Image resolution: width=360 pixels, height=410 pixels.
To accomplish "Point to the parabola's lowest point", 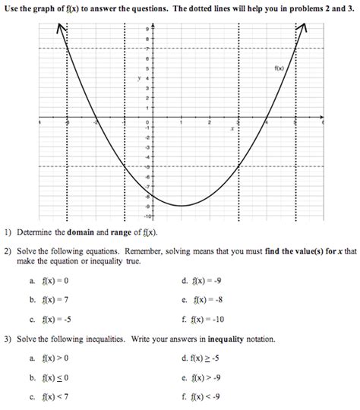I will [x=181, y=205].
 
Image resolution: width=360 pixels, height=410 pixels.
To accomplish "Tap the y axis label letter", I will [x=138, y=78].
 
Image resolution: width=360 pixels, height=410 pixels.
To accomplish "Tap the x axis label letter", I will [x=232, y=128].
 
